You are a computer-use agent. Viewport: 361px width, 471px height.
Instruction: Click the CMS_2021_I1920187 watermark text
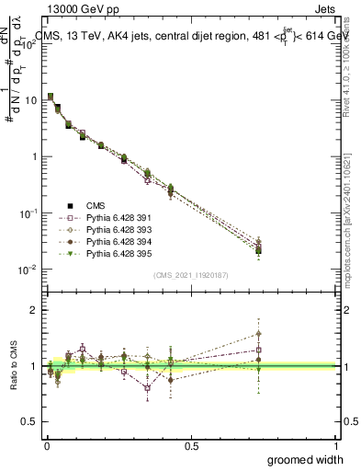191,275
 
